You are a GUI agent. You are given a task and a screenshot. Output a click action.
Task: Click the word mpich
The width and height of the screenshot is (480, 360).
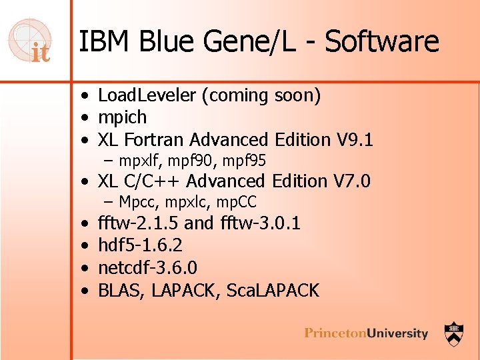pyautogui.click(x=122, y=118)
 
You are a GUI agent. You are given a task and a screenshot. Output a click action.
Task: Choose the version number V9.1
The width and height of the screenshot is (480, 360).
pyautogui.click(x=355, y=140)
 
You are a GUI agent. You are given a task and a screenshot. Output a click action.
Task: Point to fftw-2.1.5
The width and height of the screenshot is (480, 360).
pyautogui.click(x=138, y=223)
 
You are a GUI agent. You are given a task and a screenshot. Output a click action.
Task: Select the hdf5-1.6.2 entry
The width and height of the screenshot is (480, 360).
pyautogui.click(x=140, y=245)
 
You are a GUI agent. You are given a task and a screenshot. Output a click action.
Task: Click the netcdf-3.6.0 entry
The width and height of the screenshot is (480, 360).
pyautogui.click(x=147, y=268)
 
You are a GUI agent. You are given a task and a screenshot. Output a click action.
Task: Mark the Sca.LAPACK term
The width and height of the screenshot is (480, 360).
pyautogui.click(x=274, y=291)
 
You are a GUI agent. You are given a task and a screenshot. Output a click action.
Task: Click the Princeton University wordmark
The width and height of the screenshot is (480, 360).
pyautogui.click(x=366, y=333)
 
